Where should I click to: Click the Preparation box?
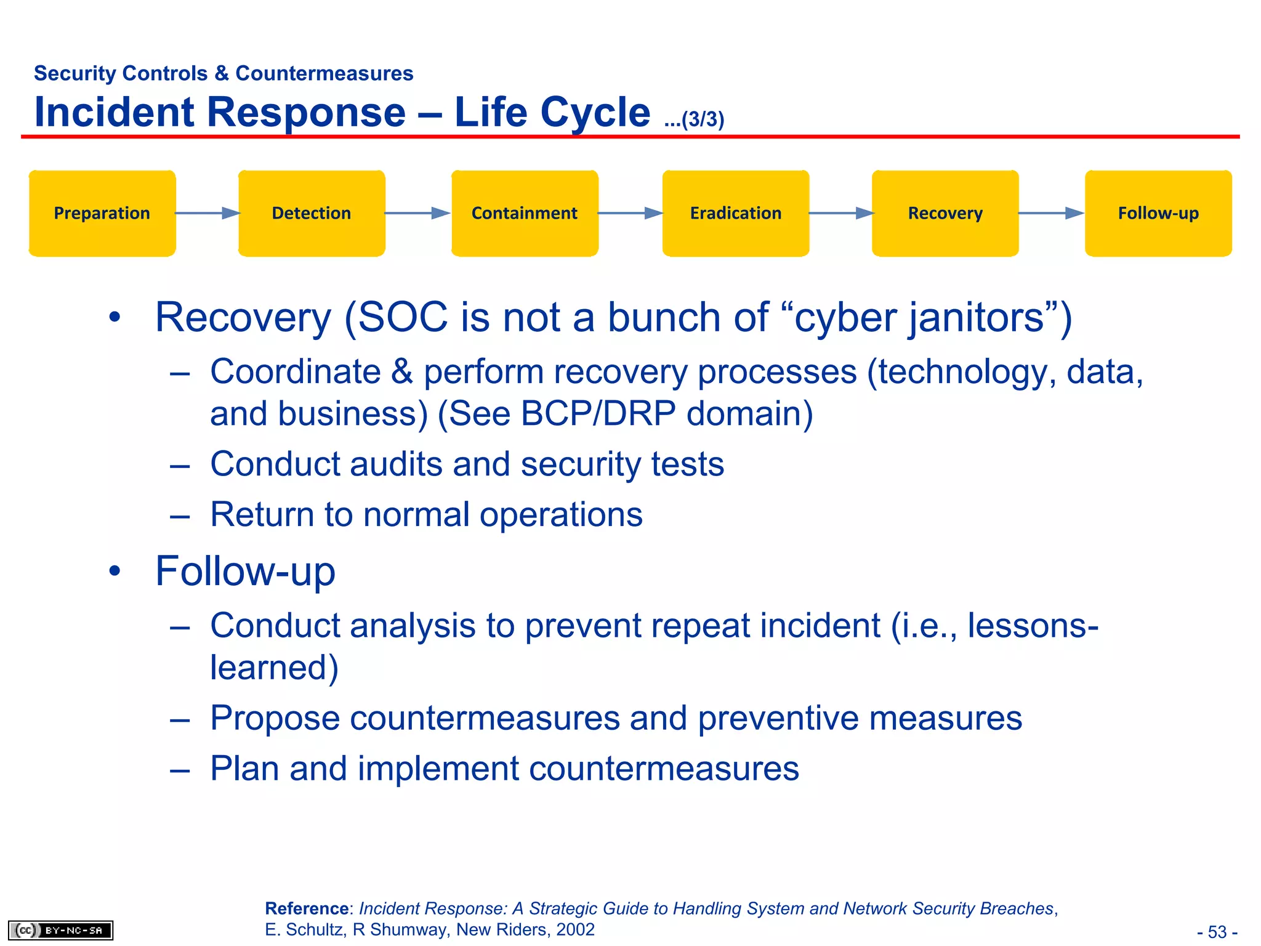point(102,213)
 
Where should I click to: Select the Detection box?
point(312,213)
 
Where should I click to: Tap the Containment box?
point(525,213)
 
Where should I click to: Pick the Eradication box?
point(736,213)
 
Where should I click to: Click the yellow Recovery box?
point(945,213)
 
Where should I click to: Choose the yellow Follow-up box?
point(1158,213)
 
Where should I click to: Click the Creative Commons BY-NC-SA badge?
point(60,930)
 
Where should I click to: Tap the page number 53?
point(1217,932)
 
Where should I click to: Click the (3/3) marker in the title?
point(702,119)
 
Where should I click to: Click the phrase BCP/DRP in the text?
point(597,413)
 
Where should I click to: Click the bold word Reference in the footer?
point(307,908)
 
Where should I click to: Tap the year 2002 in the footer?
point(575,929)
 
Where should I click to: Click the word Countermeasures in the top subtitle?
point(324,73)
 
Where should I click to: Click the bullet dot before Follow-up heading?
point(115,571)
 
